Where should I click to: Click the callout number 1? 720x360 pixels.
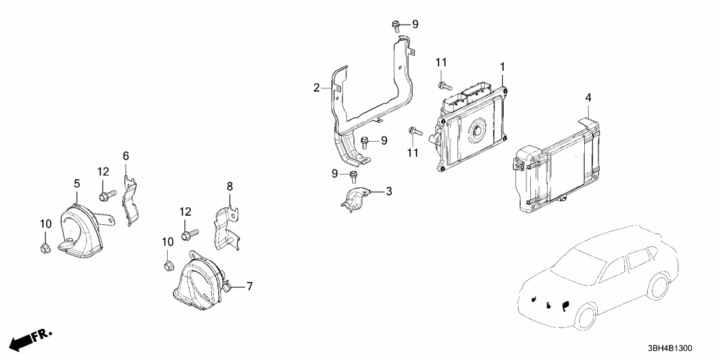tap(502, 67)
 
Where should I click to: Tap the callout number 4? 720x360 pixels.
tap(588, 97)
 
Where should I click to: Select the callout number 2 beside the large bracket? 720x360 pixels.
tap(316, 88)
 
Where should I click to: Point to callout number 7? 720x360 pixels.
tap(250, 287)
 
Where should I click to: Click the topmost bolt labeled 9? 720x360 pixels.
tap(396, 26)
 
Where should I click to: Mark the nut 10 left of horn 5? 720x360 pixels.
tap(44, 247)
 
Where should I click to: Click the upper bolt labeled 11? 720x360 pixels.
tap(444, 84)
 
